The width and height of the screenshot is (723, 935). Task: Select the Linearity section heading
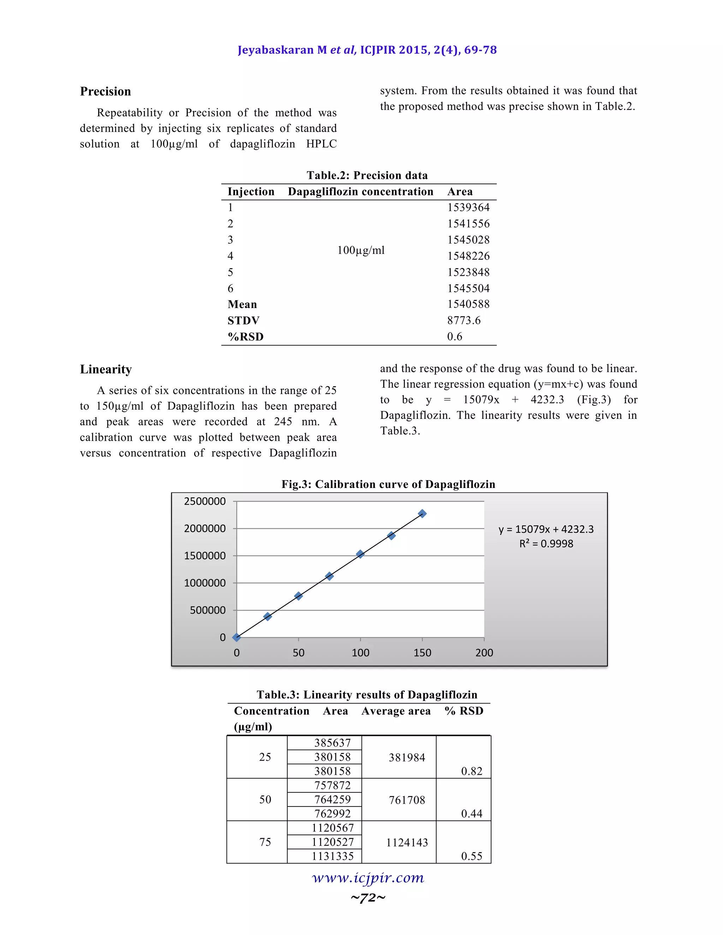click(106, 369)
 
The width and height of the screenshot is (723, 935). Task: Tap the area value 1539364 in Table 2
click(468, 207)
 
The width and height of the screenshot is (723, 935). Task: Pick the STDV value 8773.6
click(464, 320)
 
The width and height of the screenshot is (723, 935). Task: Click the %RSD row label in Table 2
click(245, 337)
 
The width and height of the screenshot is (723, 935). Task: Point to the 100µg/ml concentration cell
click(361, 250)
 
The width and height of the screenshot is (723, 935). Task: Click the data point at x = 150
click(422, 513)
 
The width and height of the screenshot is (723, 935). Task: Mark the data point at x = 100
click(360, 554)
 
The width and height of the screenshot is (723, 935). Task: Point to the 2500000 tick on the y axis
click(205, 501)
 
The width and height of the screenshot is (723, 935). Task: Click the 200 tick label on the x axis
click(484, 652)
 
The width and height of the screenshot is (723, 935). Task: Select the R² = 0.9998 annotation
click(546, 544)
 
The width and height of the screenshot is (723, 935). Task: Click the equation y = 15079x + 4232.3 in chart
click(546, 529)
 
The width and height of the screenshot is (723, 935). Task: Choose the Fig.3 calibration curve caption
click(388, 484)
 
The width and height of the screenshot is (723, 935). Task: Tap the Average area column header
click(396, 711)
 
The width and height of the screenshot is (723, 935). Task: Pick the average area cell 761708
click(406, 800)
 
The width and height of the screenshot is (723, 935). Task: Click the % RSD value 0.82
click(471, 771)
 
